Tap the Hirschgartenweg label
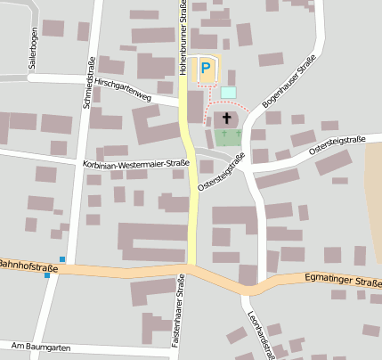(x=123, y=89)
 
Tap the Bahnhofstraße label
(x=28, y=266)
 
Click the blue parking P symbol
(x=207, y=68)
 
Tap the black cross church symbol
(x=227, y=118)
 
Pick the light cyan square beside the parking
(x=229, y=92)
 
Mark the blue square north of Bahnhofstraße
(x=62, y=259)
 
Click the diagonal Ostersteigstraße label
(x=222, y=171)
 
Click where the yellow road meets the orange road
(x=191, y=266)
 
